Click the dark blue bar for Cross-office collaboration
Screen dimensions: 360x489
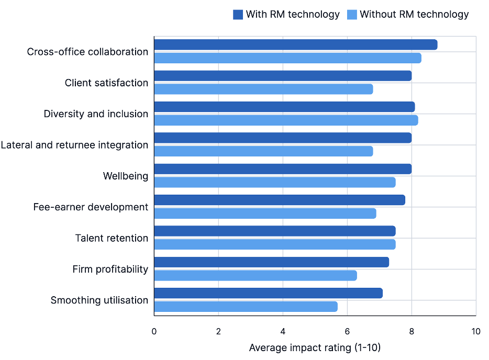pos(295,45)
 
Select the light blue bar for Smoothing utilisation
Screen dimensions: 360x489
pos(246,307)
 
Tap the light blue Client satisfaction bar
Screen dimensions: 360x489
pos(263,89)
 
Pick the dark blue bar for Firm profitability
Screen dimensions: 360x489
pos(271,262)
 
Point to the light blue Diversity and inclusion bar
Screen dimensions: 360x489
pos(286,120)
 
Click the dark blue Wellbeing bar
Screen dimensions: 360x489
pos(283,169)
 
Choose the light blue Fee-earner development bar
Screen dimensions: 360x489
pos(265,213)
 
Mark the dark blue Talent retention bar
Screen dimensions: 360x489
pos(274,231)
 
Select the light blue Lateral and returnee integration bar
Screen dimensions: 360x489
pos(263,151)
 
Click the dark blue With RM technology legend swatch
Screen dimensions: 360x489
pos(238,15)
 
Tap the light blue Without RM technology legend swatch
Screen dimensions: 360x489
pos(352,15)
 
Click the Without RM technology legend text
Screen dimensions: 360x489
pos(414,15)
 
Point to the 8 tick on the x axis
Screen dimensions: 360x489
pos(412,331)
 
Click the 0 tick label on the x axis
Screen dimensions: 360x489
pos(154,331)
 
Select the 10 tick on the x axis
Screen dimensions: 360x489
pos(475,331)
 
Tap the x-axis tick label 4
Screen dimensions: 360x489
pos(283,331)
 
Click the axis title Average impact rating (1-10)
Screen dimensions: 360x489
pos(315,348)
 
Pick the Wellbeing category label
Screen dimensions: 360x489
pos(125,176)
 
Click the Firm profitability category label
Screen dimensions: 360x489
pos(110,269)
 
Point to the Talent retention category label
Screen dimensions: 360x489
pos(112,238)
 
